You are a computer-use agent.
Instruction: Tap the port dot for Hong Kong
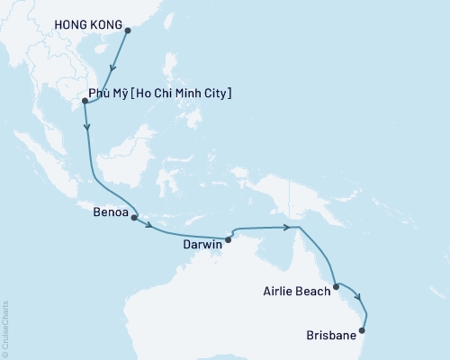pos(127,30)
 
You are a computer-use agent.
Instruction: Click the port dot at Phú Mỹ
pos(85,101)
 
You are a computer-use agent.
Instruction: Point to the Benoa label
pos(110,216)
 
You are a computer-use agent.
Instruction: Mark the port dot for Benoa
pos(134,217)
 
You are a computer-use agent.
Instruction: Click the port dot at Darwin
pos(229,239)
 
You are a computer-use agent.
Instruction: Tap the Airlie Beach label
pos(296,291)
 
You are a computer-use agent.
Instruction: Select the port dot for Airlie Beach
pos(337,287)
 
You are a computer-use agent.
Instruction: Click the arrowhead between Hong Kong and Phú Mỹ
pos(112,71)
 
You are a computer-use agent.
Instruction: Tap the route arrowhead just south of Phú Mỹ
pos(87,129)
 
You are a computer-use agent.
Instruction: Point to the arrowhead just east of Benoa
pos(149,224)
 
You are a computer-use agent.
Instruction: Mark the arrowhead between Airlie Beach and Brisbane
pos(359,299)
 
